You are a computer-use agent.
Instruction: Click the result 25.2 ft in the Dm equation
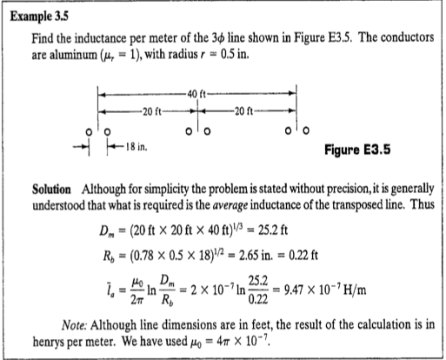point(280,230)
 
